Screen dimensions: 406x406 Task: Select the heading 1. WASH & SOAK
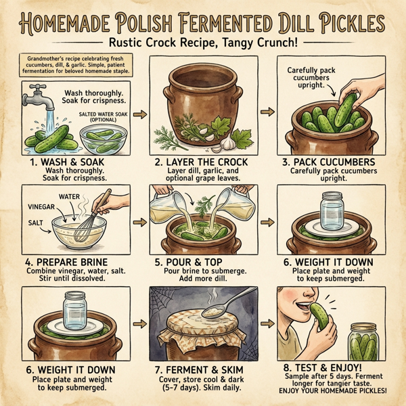(x=64, y=163)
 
